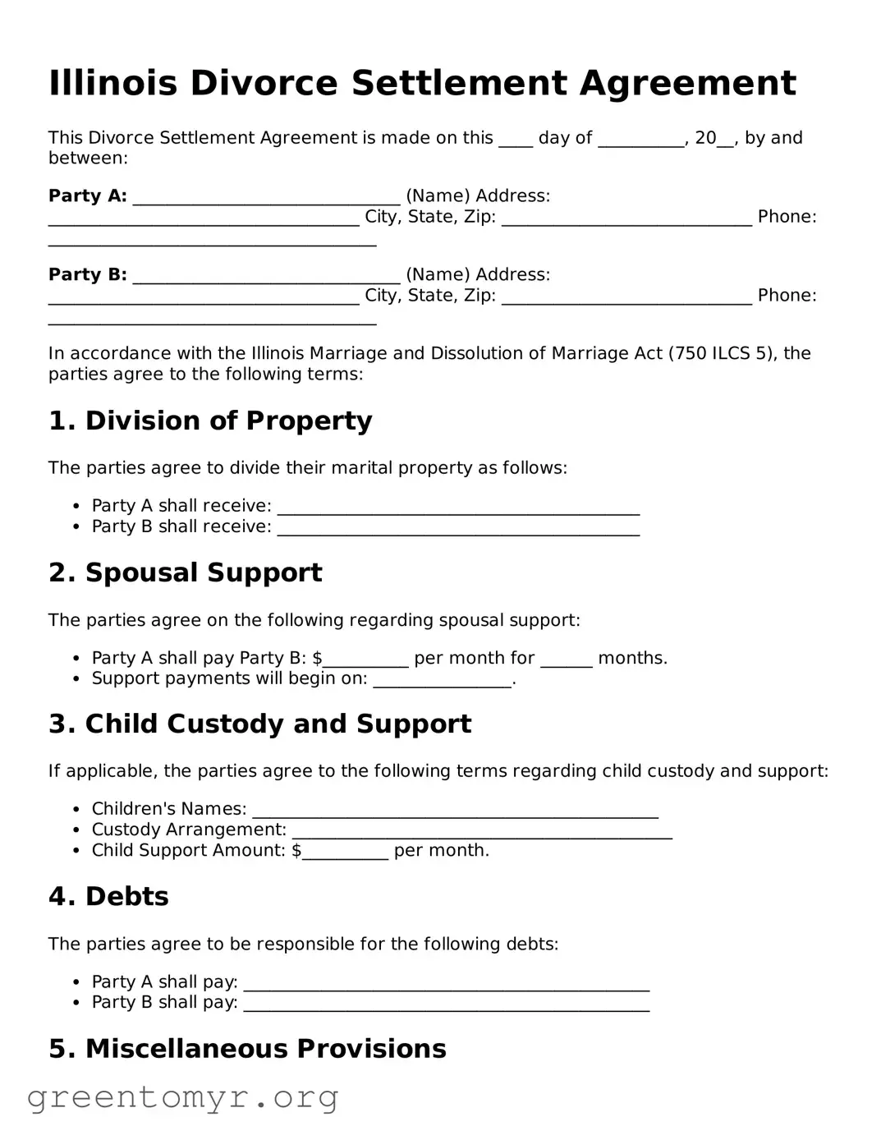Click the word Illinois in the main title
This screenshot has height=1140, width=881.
pyautogui.click(x=112, y=84)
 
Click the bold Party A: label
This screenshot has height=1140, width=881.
pyautogui.click(x=88, y=196)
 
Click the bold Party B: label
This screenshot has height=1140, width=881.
pyautogui.click(x=88, y=275)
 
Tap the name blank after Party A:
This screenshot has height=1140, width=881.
pyautogui.click(x=266, y=198)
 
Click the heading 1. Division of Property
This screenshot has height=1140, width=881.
pyautogui.click(x=210, y=421)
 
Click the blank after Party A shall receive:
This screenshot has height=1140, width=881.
pyautogui.click(x=458, y=508)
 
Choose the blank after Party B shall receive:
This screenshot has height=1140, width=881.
pyautogui.click(x=458, y=529)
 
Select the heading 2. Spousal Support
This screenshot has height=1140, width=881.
pyautogui.click(x=186, y=573)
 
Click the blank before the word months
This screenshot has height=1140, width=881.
pyautogui.click(x=566, y=660)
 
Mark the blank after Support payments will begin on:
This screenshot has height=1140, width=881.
pyautogui.click(x=443, y=681)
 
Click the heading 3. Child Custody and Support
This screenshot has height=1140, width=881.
pyautogui.click(x=259, y=724)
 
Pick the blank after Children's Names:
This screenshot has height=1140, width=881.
pyautogui.click(x=455, y=811)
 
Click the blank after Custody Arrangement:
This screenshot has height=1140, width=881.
pyautogui.click(x=482, y=832)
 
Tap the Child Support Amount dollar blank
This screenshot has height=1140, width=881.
pyautogui.click(x=345, y=853)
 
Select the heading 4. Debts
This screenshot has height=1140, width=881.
pyautogui.click(x=108, y=897)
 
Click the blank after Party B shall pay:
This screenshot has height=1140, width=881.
pyautogui.click(x=447, y=1004)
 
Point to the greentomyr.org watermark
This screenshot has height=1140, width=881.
pyautogui.click(x=182, y=1097)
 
